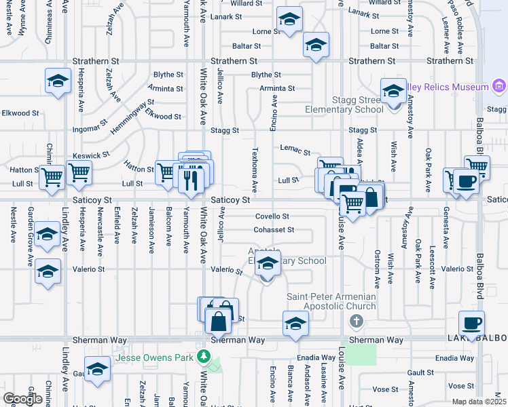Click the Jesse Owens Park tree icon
coord(203,356)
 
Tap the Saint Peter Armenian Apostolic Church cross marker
coord(355,320)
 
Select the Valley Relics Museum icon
coord(499,87)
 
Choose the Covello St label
coord(272,216)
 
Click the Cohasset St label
coord(274,229)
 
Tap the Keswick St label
coord(92,155)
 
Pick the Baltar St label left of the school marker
coord(248,46)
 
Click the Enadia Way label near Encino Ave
coord(317,357)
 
